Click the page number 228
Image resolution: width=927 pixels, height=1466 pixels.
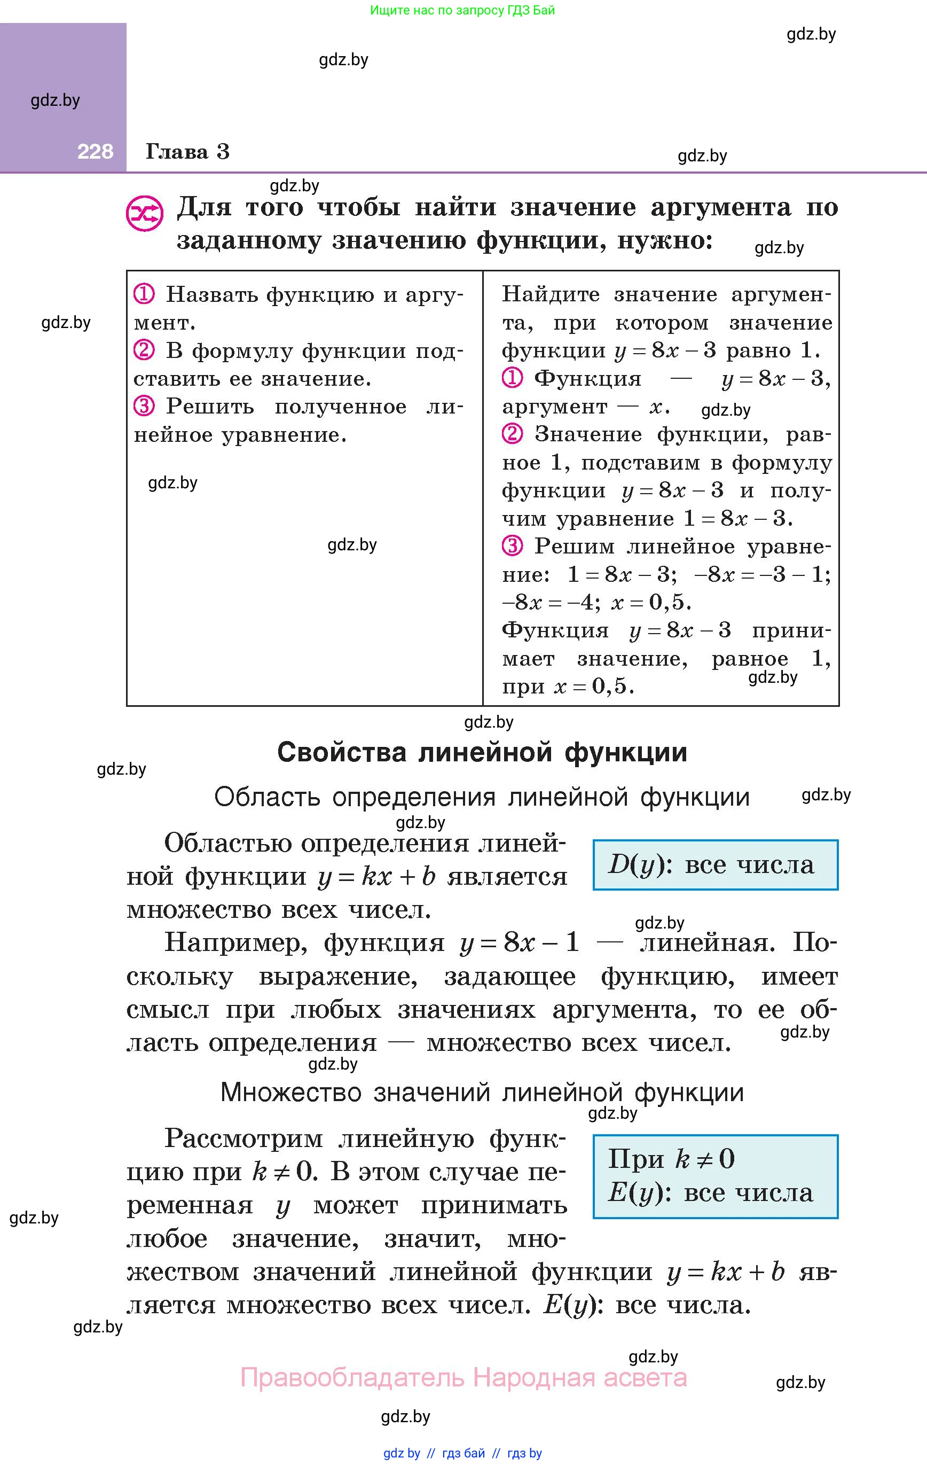[x=95, y=152]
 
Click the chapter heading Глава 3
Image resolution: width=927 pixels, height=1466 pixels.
[x=187, y=152]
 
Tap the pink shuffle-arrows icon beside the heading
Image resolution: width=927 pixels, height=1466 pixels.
[x=144, y=213]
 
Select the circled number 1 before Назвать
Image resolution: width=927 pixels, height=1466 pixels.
[x=144, y=295]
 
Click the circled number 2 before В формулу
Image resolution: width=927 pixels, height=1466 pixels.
[x=144, y=350]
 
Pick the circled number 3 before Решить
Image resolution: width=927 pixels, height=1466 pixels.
[x=144, y=406]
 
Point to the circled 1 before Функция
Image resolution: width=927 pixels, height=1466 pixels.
[x=513, y=378]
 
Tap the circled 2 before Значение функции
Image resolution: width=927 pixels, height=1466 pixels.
[x=513, y=434]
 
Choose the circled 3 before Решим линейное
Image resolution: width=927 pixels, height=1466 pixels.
[x=513, y=546]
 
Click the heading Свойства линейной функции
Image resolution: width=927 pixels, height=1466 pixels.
[x=482, y=752]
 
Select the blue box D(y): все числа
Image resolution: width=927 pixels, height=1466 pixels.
[x=715, y=864]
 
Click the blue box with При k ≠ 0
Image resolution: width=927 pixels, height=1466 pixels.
[x=715, y=1176]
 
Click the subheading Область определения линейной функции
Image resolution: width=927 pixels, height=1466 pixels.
[x=482, y=797]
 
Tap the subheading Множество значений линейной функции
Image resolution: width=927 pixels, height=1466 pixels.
[x=482, y=1092]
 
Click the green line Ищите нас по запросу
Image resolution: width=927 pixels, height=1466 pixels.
[x=462, y=10]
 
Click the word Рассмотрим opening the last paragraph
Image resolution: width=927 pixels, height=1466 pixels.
[x=243, y=1139]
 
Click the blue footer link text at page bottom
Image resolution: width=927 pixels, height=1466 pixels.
[x=462, y=1453]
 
